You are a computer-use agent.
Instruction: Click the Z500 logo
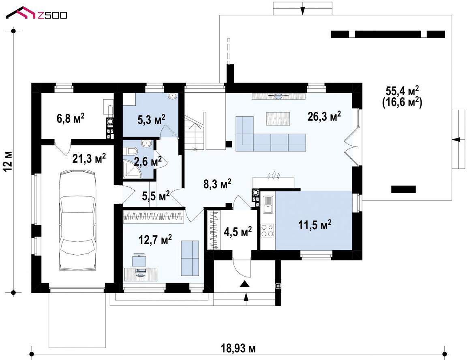click(x=36, y=13)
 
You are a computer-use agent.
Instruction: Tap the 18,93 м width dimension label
click(x=238, y=348)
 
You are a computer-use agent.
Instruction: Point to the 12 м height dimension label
click(x=8, y=161)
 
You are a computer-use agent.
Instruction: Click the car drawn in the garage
click(x=78, y=220)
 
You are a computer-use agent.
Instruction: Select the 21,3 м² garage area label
click(x=89, y=159)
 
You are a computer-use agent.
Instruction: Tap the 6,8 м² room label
click(x=70, y=118)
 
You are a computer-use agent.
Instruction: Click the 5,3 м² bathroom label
click(x=151, y=120)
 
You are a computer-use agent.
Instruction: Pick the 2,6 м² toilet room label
click(x=148, y=162)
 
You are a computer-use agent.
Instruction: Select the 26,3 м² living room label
click(x=324, y=117)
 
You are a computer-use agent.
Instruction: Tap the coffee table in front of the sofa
click(x=278, y=119)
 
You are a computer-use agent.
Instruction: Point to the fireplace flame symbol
click(x=273, y=175)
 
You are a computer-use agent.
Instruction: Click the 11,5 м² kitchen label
click(x=315, y=225)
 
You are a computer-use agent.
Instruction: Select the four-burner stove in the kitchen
click(x=268, y=230)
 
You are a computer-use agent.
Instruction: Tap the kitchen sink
click(x=268, y=204)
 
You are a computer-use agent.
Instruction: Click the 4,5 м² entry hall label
click(x=238, y=232)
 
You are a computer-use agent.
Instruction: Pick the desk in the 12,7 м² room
click(x=140, y=274)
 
